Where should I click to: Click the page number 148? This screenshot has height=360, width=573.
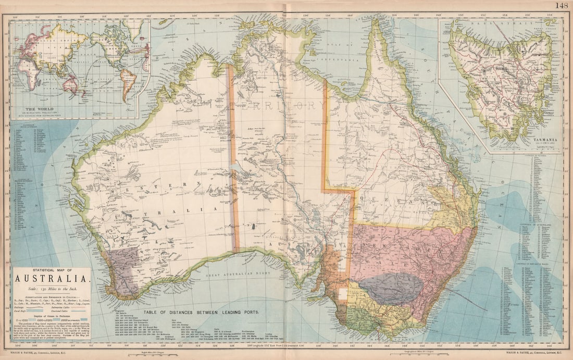pyautogui.click(x=562, y=6)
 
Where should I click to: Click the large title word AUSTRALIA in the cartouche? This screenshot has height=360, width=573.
pyautogui.click(x=52, y=279)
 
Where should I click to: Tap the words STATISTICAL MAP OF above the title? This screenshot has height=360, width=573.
pyautogui.click(x=52, y=271)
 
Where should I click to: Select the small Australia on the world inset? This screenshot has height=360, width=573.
pyautogui.click(x=72, y=84)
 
